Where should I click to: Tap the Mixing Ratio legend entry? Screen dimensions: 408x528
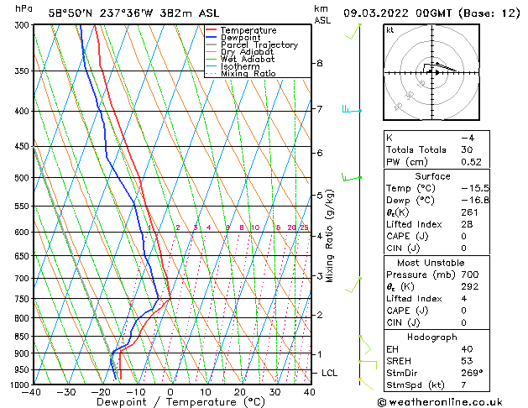coord(248,74)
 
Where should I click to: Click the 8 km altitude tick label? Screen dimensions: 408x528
coord(320,63)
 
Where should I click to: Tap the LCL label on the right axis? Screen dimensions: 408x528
coord(330,373)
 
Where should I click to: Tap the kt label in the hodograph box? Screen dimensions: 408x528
coord(390,29)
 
